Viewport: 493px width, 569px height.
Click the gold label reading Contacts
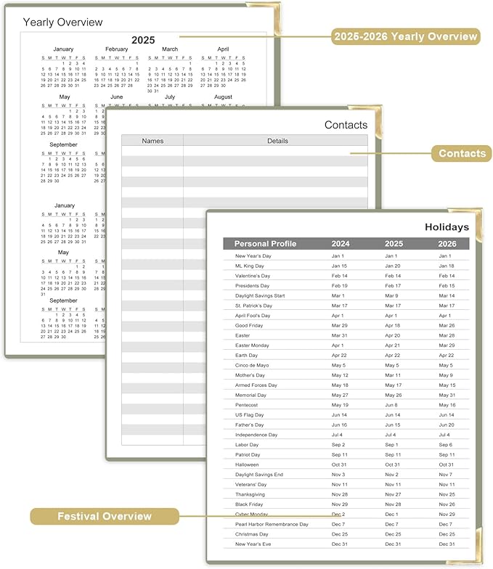[x=462, y=153]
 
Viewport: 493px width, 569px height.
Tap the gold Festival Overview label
[x=105, y=516]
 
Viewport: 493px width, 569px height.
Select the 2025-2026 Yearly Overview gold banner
[x=405, y=36]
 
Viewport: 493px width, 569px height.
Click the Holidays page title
[x=447, y=227]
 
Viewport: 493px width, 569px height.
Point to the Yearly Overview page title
[x=62, y=22]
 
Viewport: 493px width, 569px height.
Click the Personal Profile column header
[x=265, y=244]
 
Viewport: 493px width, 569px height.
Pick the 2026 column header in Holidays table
[x=447, y=244]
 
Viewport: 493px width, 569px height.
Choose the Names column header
[x=152, y=141]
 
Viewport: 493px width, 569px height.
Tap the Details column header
[x=277, y=141]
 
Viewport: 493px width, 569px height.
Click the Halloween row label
[x=247, y=464]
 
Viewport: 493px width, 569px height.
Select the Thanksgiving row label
[x=250, y=494]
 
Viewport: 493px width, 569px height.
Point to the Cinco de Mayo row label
[x=252, y=365]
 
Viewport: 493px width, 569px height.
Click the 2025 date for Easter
[x=392, y=335]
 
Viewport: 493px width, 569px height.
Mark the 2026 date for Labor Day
[x=447, y=444]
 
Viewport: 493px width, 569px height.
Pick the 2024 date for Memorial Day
[x=340, y=395]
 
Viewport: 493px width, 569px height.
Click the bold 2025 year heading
[x=143, y=40]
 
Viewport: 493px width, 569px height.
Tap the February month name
[x=116, y=49]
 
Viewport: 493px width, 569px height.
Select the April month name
[x=223, y=49]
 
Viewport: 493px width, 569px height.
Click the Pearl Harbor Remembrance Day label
[x=272, y=524]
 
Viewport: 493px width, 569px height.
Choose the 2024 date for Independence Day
[x=339, y=435]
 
